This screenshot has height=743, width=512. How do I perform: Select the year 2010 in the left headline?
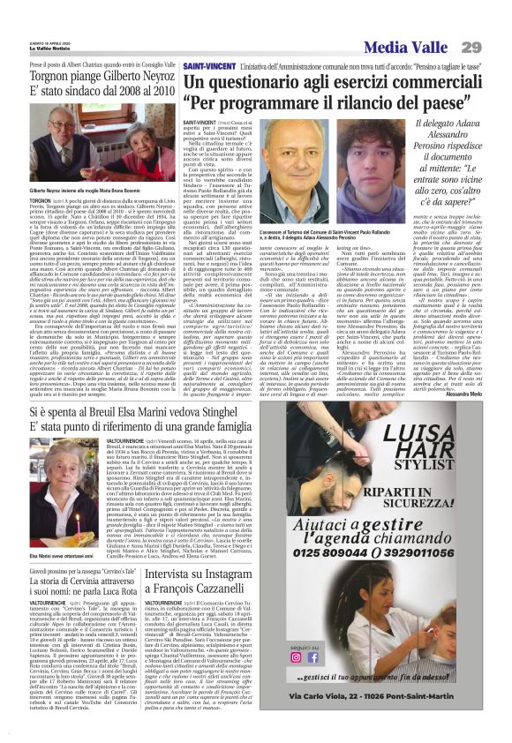[x=160, y=91]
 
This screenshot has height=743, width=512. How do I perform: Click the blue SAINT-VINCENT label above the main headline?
[x=209, y=67]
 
